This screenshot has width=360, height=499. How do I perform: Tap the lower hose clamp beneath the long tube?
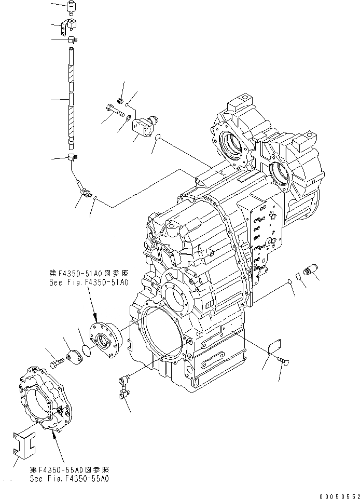pos(73,158)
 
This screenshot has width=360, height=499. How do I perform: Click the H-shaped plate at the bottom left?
pos(24,446)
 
